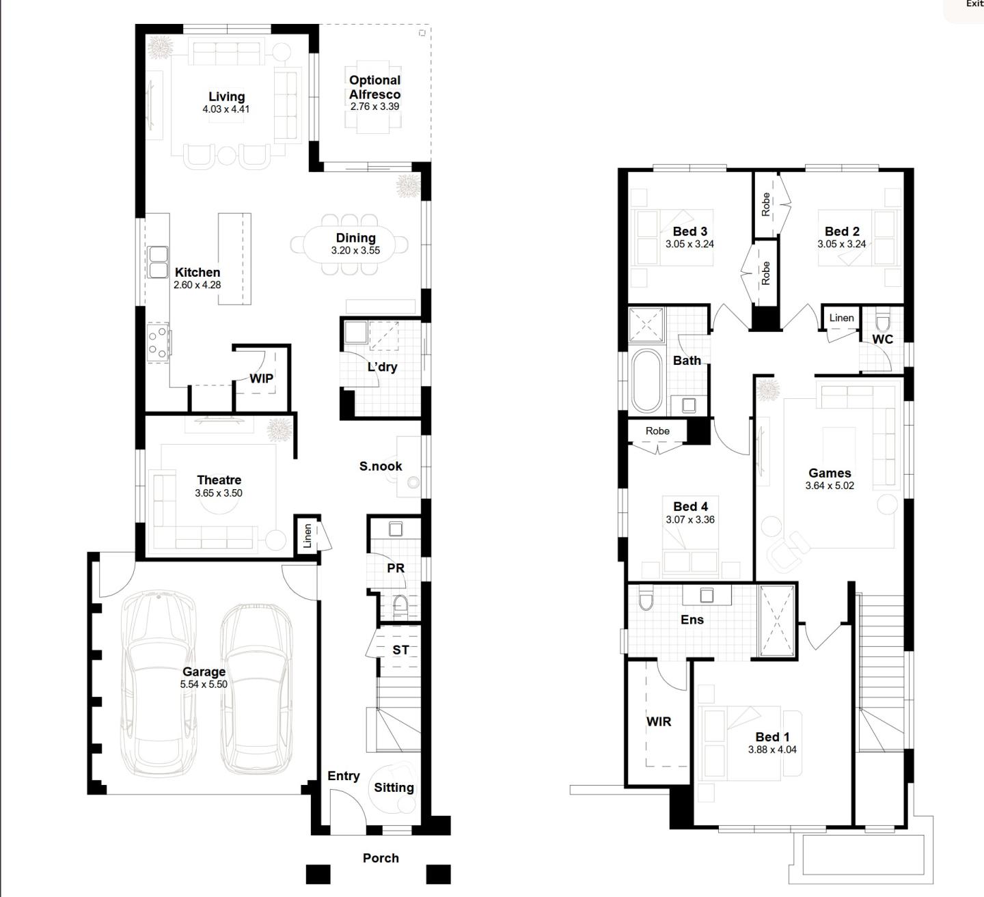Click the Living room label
pos(226,97)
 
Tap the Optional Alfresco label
pos(374,87)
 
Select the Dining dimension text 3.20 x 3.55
pos(355,251)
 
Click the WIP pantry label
pos(261,378)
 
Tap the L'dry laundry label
pos(382,367)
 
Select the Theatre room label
pos(219,480)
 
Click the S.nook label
pos(381,467)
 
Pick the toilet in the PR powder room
pos(400,605)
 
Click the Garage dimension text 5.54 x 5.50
pos(204,685)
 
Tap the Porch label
pos(381,858)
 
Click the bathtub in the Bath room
pos(646,381)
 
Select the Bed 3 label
pos(689,232)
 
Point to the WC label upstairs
pos(882,340)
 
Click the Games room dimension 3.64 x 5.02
pos(830,486)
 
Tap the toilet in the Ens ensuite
pos(644,601)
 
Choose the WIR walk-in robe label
pos(659,721)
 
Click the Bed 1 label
pos(772,737)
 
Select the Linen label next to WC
pos(841,318)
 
